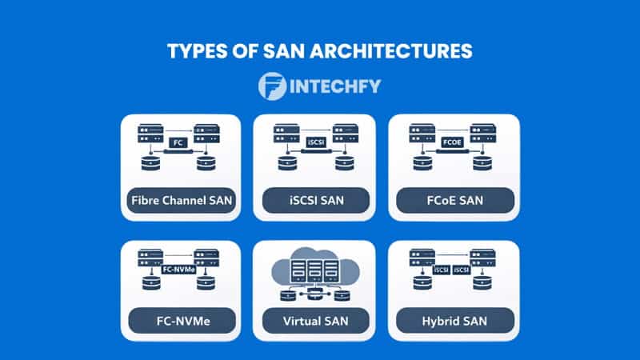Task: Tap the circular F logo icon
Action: tap(273, 87)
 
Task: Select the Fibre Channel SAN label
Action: tap(180, 200)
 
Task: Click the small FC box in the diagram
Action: tap(180, 143)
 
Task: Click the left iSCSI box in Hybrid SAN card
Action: tap(441, 270)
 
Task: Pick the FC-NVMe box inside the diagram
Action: tap(179, 270)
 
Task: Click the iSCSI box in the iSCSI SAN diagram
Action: tap(315, 143)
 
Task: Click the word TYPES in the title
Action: tap(196, 51)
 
